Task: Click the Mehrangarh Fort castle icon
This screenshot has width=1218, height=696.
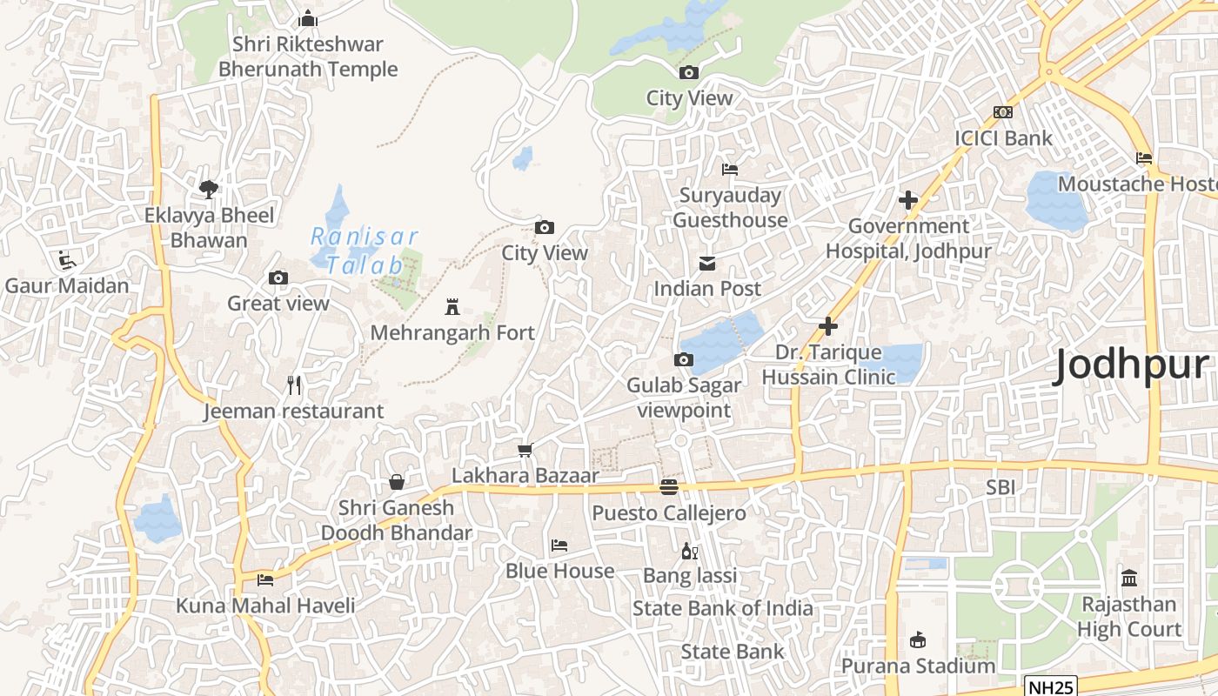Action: tap(452, 306)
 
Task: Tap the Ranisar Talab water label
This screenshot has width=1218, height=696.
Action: tap(365, 251)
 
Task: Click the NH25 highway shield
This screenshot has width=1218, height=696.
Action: tap(1050, 686)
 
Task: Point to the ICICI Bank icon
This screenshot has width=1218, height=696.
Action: tap(1002, 112)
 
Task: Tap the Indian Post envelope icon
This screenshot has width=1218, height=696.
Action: tap(706, 263)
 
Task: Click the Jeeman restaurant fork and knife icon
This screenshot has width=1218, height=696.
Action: tap(294, 385)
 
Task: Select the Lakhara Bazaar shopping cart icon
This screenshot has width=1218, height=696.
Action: tap(525, 450)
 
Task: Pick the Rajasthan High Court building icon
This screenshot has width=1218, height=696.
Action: tap(1129, 578)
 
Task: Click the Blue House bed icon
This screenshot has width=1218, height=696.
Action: tap(559, 545)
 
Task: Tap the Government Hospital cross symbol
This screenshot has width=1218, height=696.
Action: tap(908, 200)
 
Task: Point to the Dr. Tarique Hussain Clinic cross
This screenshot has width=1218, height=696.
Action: tap(828, 326)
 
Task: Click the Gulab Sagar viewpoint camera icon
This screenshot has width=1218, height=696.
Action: tap(684, 359)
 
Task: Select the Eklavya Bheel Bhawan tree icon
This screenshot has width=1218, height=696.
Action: tap(208, 189)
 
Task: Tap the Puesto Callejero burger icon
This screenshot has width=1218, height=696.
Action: tap(668, 486)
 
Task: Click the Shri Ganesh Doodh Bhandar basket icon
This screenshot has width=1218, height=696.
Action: tap(397, 482)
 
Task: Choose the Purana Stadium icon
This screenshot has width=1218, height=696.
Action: tap(917, 640)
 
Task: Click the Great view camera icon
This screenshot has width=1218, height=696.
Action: tap(278, 278)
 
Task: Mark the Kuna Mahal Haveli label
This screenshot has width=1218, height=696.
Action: tap(265, 606)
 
